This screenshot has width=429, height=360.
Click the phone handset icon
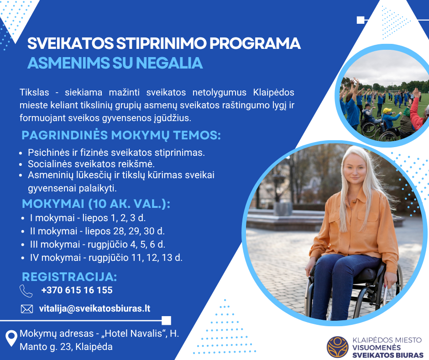coord(26,291)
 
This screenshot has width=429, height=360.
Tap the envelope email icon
coord(27,309)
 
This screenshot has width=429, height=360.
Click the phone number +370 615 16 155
coord(77,290)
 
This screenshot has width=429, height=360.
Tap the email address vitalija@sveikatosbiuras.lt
coord(94,308)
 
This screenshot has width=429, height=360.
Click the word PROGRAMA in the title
coord(255,43)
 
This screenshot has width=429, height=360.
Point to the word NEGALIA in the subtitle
coord(169,63)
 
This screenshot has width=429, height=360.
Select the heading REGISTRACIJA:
coord(69,277)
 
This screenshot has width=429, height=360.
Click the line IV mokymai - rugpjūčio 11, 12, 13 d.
coord(106,258)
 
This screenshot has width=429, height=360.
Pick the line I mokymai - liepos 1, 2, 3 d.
coord(88,218)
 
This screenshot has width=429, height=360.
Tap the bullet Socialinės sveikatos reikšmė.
coord(91,164)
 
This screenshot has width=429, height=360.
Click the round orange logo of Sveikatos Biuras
coord(338,347)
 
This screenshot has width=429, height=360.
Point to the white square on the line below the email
coord(166,321)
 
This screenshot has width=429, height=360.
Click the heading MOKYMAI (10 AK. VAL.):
coord(96,204)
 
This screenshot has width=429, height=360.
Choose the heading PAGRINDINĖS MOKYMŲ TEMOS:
coord(121,135)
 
